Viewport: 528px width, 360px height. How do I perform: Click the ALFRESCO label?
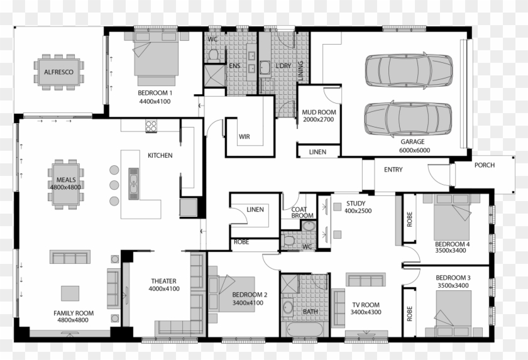[x=58, y=72]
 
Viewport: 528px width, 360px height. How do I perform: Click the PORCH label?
[x=485, y=166]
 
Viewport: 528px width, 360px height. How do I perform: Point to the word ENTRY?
[x=393, y=170]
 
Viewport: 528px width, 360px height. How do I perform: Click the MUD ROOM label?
[x=319, y=112]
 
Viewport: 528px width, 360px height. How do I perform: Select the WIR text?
[x=245, y=136]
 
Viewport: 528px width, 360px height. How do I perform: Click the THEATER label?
[x=163, y=281]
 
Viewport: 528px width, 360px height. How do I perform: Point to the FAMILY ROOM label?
[x=74, y=313]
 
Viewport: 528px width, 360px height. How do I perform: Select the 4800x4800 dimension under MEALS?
[x=66, y=187]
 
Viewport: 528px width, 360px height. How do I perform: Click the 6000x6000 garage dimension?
[x=414, y=150]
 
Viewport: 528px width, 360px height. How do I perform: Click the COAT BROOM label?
[x=302, y=212]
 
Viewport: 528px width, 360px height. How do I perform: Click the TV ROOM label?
[x=365, y=305]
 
